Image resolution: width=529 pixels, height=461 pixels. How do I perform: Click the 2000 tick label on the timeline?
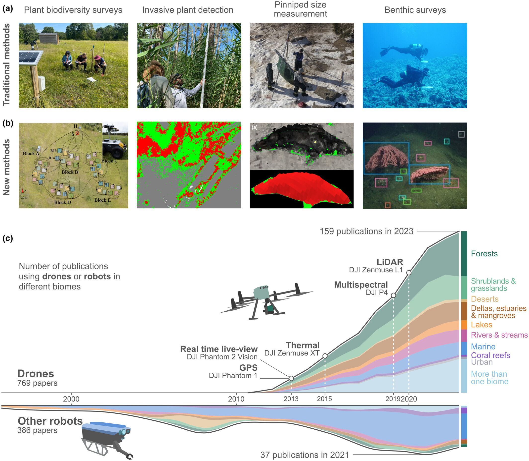[71, 399]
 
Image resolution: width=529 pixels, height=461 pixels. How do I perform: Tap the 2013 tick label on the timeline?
[291, 399]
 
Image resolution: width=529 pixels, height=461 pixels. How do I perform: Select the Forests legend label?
[484, 254]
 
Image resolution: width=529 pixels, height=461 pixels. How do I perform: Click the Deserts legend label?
[485, 299]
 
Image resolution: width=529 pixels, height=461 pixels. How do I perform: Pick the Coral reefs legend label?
[490, 355]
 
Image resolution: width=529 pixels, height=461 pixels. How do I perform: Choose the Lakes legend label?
[482, 325]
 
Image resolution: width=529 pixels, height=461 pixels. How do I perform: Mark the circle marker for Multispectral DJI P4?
[393, 295]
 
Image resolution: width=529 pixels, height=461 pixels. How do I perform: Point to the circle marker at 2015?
[325, 356]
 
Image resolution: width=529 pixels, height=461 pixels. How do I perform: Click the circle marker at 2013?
[291, 378]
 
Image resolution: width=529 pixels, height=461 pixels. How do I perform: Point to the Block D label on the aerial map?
[62, 202]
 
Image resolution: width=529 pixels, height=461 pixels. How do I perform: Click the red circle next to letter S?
[77, 133]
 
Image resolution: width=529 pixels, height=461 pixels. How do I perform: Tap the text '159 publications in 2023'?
[366, 231]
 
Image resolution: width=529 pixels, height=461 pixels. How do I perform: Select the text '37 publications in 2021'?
[305, 455]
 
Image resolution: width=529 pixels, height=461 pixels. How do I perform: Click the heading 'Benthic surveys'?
[415, 10]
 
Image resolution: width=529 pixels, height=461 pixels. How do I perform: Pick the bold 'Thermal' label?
[303, 345]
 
